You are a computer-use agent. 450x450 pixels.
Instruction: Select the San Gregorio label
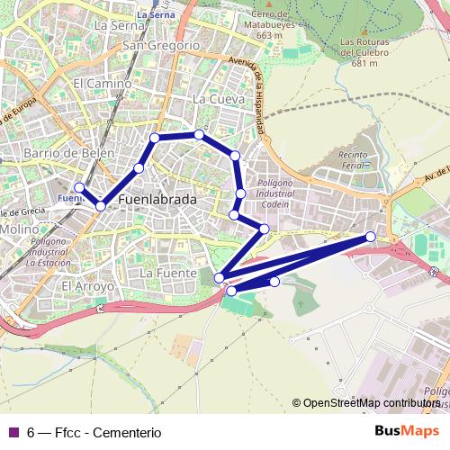(x=160, y=45)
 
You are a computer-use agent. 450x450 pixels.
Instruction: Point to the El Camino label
(x=102, y=83)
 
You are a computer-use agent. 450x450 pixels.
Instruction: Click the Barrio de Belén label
(x=70, y=153)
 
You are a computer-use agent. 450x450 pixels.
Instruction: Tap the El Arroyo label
(x=87, y=286)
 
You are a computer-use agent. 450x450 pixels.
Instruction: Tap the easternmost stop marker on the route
(x=370, y=236)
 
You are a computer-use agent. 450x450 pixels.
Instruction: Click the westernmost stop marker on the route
(x=79, y=188)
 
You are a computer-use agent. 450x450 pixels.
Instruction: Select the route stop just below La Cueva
(x=199, y=135)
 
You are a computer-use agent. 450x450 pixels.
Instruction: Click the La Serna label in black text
(x=112, y=25)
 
